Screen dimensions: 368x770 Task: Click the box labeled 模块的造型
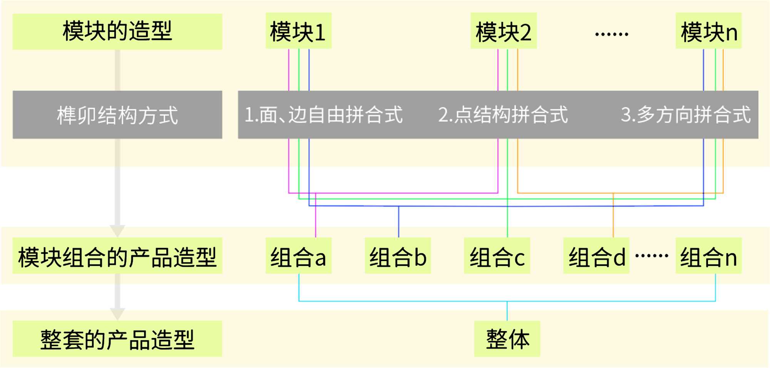(117, 32)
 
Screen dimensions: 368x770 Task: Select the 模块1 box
(298, 31)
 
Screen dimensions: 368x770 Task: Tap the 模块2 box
(503, 31)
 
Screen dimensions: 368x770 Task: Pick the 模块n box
(708, 31)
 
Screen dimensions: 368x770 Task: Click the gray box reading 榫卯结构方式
(117, 115)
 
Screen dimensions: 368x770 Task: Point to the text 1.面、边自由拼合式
(323, 115)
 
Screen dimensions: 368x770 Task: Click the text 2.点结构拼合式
(503, 115)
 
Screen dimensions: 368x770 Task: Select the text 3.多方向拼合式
(685, 115)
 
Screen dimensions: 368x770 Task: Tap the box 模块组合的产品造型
(117, 256)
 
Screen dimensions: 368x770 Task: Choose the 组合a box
(298, 256)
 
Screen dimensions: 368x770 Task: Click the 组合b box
(398, 256)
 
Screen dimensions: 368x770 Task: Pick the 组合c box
(497, 256)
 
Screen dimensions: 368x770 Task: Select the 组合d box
(596, 256)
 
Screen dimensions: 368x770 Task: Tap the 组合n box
(708, 256)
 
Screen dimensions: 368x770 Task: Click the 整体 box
(507, 339)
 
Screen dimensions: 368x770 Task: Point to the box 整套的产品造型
(117, 339)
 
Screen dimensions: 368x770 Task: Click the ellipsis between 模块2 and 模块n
(611, 34)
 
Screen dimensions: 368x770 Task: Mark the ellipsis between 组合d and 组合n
(651, 255)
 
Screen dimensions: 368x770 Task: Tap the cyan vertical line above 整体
(507, 311)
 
